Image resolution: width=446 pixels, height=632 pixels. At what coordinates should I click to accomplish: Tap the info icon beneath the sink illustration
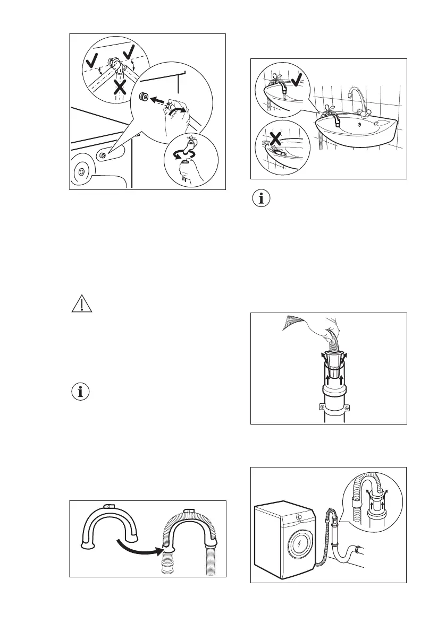click(262, 200)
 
